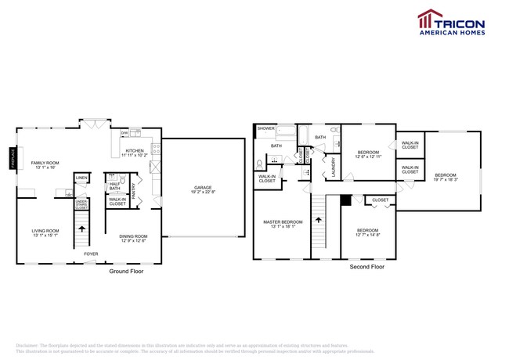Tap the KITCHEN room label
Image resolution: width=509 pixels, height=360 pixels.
pos(135,150)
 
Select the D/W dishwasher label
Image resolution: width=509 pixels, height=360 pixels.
pos(124,134)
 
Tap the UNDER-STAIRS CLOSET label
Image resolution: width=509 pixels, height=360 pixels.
pos(81,205)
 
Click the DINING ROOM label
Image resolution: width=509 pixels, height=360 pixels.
pos(133,236)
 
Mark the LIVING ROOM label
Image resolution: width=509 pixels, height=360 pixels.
pos(45,231)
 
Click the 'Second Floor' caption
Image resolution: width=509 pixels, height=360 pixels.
pos(367,267)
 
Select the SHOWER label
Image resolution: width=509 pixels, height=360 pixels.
pos(266,128)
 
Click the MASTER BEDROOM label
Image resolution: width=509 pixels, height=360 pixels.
pos(281,222)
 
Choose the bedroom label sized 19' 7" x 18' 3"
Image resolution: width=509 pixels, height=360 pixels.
pos(446,175)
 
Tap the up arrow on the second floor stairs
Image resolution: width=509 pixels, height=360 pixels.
pos(319,221)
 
